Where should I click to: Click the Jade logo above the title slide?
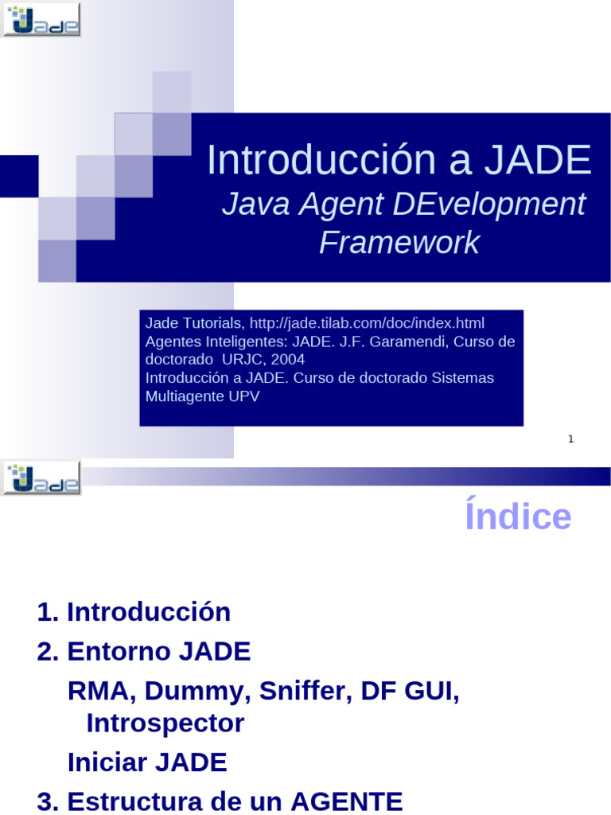coord(42,19)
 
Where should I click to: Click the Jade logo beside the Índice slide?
coord(42,478)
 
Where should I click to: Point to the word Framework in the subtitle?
coord(399,243)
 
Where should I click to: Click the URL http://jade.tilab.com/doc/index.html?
coord(367,323)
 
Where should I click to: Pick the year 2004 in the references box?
coord(287,359)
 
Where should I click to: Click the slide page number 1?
coord(570,439)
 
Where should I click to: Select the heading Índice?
coord(518,517)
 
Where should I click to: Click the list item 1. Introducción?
coord(134,612)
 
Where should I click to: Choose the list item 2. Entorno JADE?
coord(143,652)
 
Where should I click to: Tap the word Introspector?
coord(165,723)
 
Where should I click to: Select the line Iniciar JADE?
coord(147,762)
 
